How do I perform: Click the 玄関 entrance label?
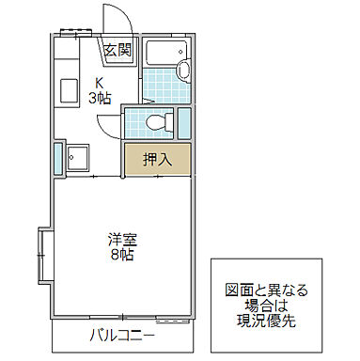117,51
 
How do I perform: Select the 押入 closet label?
157,160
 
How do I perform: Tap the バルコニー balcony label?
122,335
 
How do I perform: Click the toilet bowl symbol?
165,120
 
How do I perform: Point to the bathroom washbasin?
182,69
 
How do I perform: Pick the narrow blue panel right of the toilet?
183,123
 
